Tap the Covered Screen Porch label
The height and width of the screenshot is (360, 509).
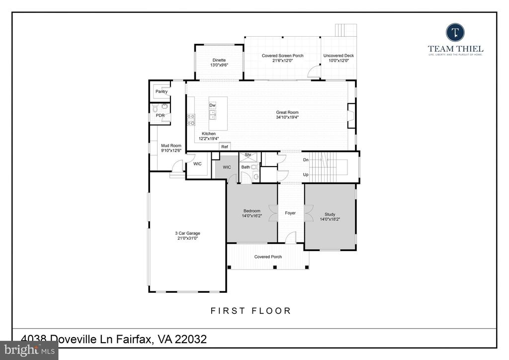pos(282,56)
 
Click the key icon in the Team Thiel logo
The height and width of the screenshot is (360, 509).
pos(455,33)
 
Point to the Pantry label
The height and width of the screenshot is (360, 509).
pos(162,91)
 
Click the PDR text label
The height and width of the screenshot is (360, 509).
pos(160,115)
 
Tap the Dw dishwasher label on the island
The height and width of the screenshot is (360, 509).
pos(212,105)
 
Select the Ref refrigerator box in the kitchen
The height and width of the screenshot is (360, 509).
pos(224,147)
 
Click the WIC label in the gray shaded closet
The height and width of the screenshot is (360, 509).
pos(227,167)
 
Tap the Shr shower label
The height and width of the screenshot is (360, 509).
pos(247,155)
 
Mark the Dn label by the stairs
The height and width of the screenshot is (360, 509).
pos(306,160)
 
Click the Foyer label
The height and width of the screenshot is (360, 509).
pos(290,213)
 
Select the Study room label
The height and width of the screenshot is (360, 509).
pos(330,215)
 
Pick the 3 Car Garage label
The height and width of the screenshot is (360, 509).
pos(187,233)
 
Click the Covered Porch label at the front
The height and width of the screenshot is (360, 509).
pos(268,257)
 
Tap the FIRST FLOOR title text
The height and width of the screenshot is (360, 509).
pos(251,311)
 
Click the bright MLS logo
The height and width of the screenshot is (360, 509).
pos(29,350)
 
